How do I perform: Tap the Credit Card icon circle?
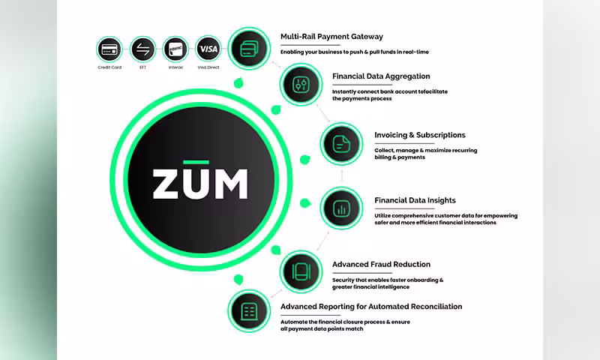[x=110, y=49]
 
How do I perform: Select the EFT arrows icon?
[x=142, y=49]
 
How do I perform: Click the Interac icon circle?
[x=175, y=49]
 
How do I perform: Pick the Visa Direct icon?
[x=208, y=49]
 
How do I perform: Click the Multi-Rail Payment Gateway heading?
[x=331, y=36]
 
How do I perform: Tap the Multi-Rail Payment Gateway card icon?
[x=248, y=49]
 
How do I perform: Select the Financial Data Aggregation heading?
[x=381, y=76]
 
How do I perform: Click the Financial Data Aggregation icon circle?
[x=301, y=84]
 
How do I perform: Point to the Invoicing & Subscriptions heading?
[x=420, y=135]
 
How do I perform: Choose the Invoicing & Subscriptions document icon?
[x=342, y=143]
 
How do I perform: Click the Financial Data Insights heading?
[x=415, y=200]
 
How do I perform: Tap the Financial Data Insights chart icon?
[x=342, y=208]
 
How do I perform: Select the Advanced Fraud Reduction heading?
[x=381, y=264]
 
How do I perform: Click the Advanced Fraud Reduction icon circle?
[x=301, y=271]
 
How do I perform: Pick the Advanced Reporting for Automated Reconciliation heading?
[x=371, y=306]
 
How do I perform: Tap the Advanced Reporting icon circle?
[x=248, y=309]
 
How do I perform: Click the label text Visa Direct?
[x=208, y=67]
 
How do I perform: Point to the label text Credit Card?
[x=110, y=67]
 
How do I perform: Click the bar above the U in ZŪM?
[x=200, y=161]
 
